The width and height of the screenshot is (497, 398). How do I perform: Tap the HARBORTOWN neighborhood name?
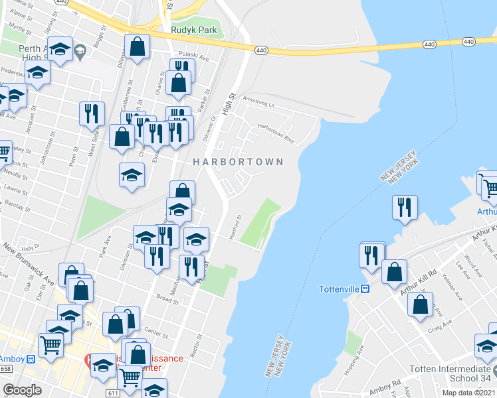pos(238,162)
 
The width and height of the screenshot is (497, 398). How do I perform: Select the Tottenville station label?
pos(339,289)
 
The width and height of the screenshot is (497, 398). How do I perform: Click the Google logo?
pos(22,389)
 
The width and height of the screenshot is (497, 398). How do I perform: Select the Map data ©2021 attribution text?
pos(468,393)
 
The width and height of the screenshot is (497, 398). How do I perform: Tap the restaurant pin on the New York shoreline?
pos(405,208)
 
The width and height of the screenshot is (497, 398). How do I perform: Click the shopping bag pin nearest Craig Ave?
pos(421,304)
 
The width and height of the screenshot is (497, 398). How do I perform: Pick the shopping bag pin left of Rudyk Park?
pos(138,47)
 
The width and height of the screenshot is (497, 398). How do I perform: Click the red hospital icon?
pos(87,360)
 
